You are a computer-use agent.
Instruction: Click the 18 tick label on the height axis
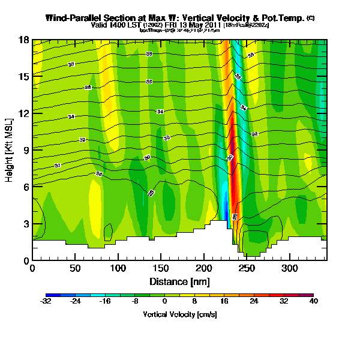(23, 40)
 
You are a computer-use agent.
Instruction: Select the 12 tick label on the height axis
(23, 113)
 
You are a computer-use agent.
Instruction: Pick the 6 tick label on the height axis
(25, 187)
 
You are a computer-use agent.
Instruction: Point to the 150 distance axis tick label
(161, 269)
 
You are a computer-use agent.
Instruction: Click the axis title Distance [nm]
(179, 281)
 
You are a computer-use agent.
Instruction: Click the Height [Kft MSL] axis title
(10, 150)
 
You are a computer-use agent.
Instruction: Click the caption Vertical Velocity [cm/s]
(179, 314)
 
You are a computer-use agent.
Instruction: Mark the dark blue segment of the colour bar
(51, 295)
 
